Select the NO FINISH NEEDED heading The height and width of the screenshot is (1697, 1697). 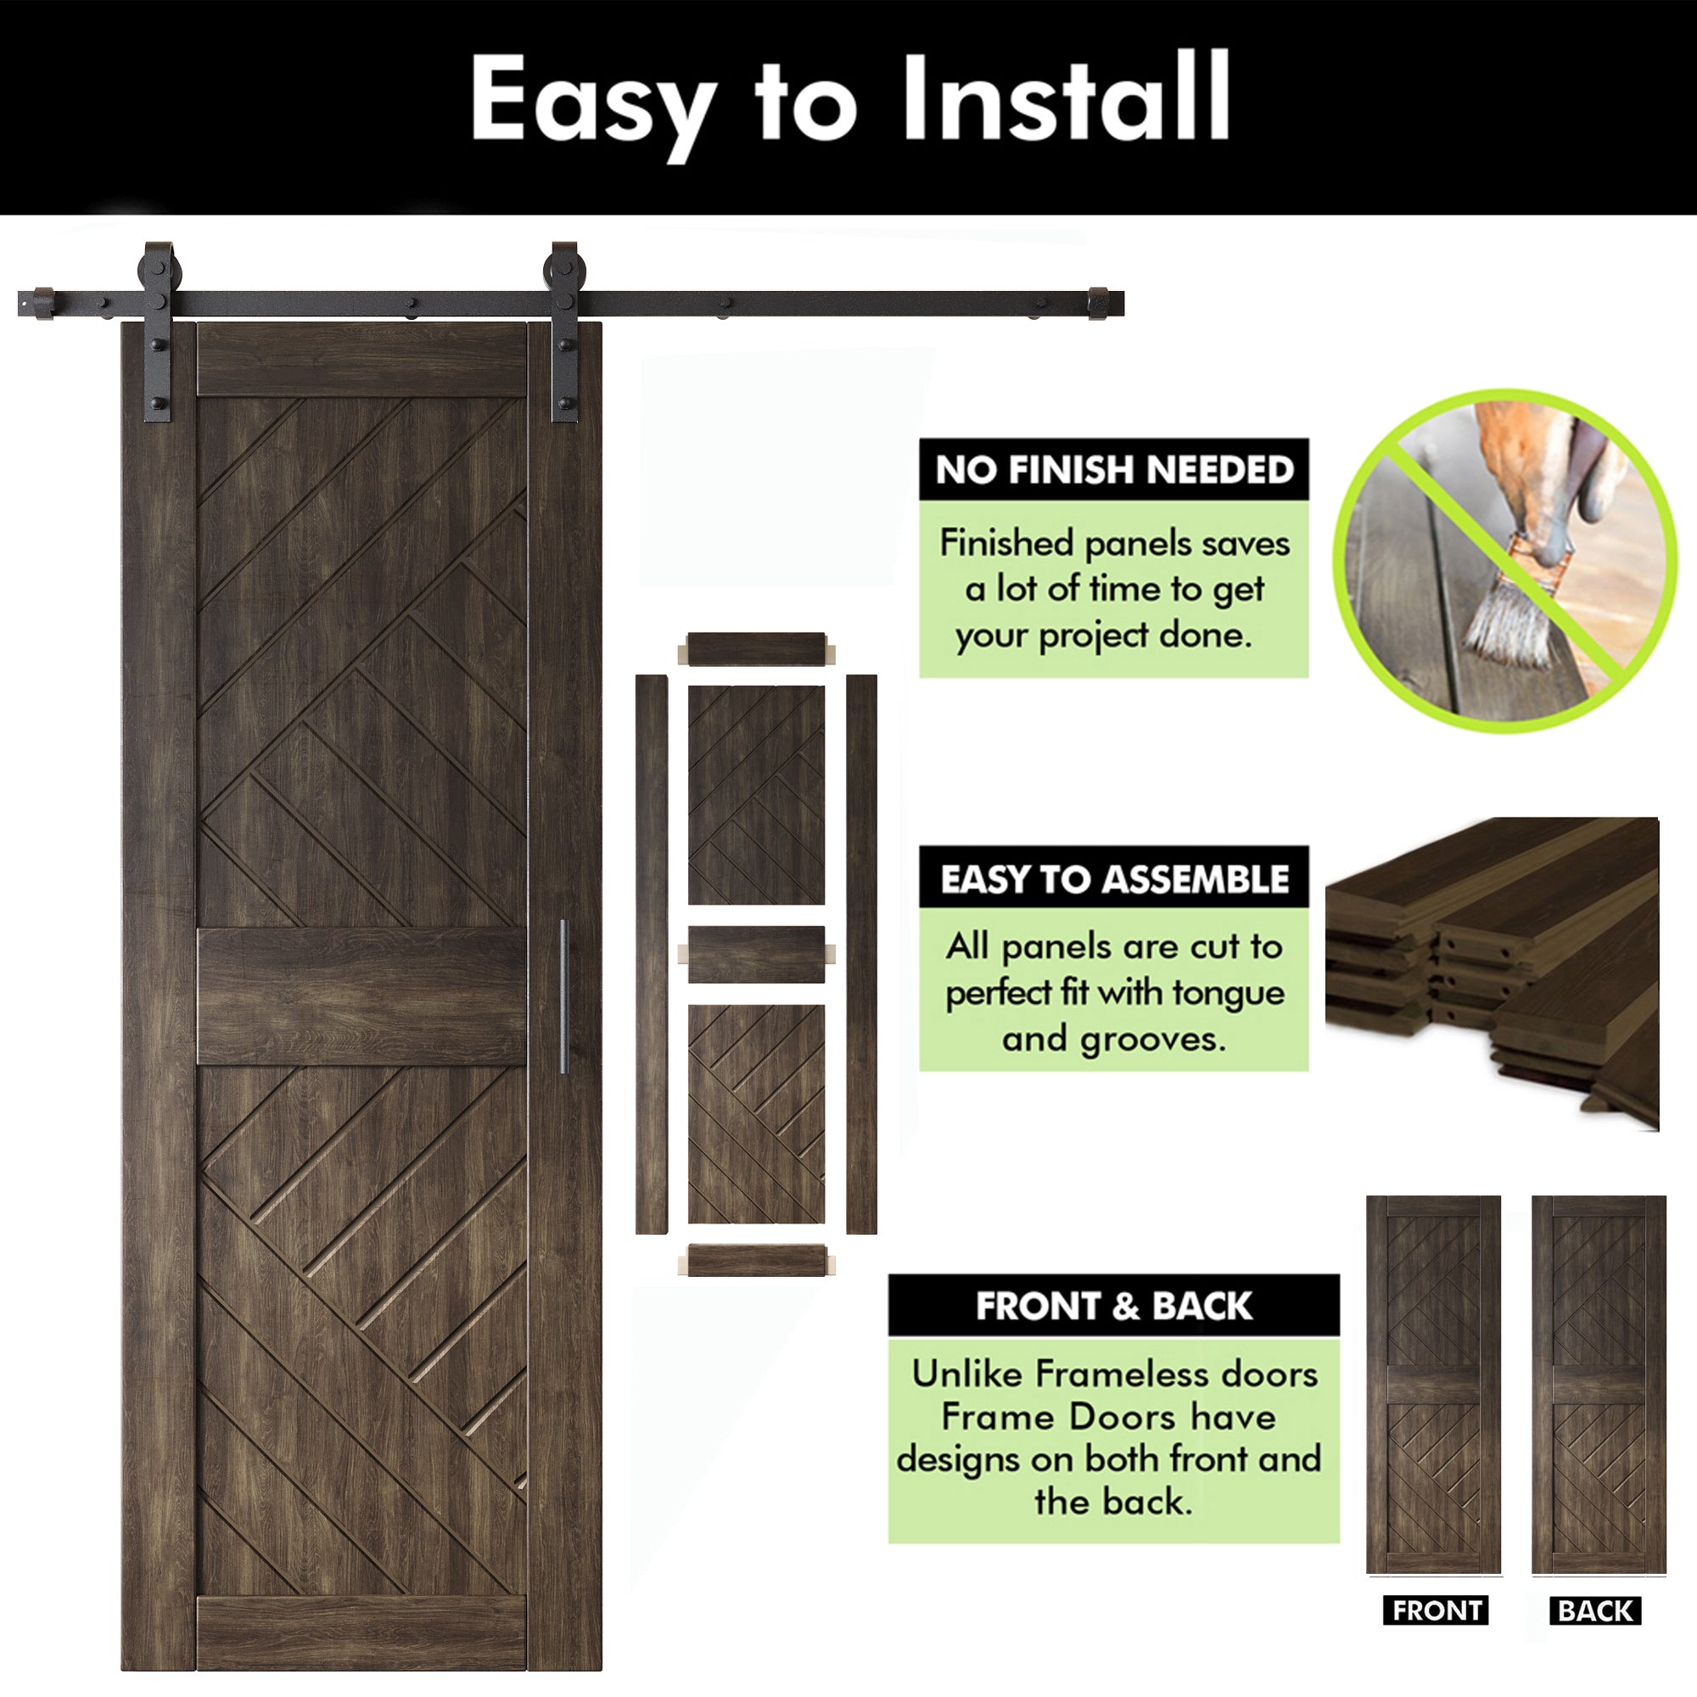click(1114, 470)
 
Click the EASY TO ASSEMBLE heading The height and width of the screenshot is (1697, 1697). click(1114, 879)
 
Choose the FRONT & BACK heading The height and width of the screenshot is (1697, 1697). click(1114, 1306)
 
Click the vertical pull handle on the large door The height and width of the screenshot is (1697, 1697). click(564, 996)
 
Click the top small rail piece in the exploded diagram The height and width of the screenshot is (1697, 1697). click(756, 648)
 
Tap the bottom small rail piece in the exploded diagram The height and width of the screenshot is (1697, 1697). click(756, 1261)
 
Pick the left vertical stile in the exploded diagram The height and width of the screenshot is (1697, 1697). click(651, 954)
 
